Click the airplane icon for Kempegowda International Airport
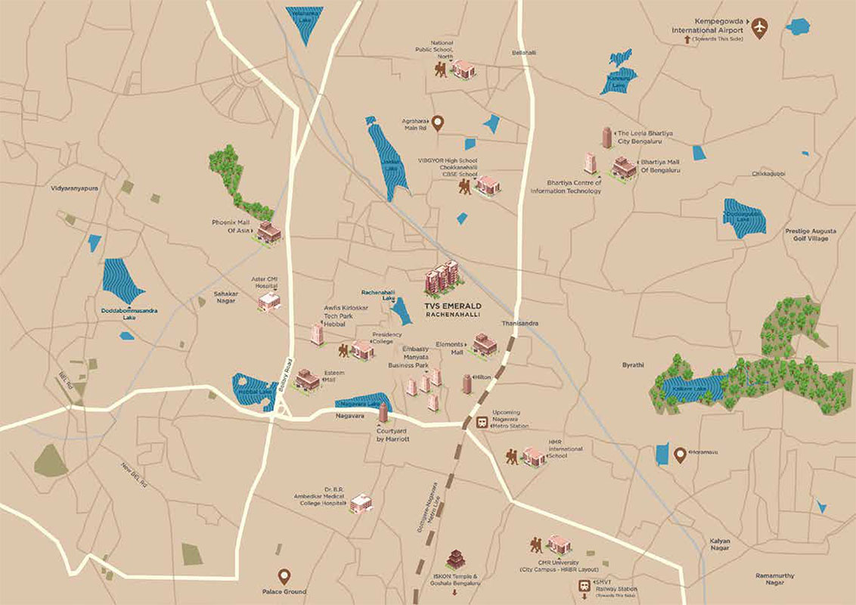point(760,29)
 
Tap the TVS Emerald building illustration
point(442,279)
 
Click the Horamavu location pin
point(680,455)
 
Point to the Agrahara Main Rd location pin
point(438,123)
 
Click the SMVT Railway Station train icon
point(584,586)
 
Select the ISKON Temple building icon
point(454,560)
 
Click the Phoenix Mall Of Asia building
point(268,232)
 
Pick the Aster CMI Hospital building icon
point(269,301)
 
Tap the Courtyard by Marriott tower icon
point(383,413)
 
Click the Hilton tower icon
point(467,383)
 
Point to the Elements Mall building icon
point(485,345)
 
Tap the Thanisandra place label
point(517,323)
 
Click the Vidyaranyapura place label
point(75,186)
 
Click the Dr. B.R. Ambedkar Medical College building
point(361,503)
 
